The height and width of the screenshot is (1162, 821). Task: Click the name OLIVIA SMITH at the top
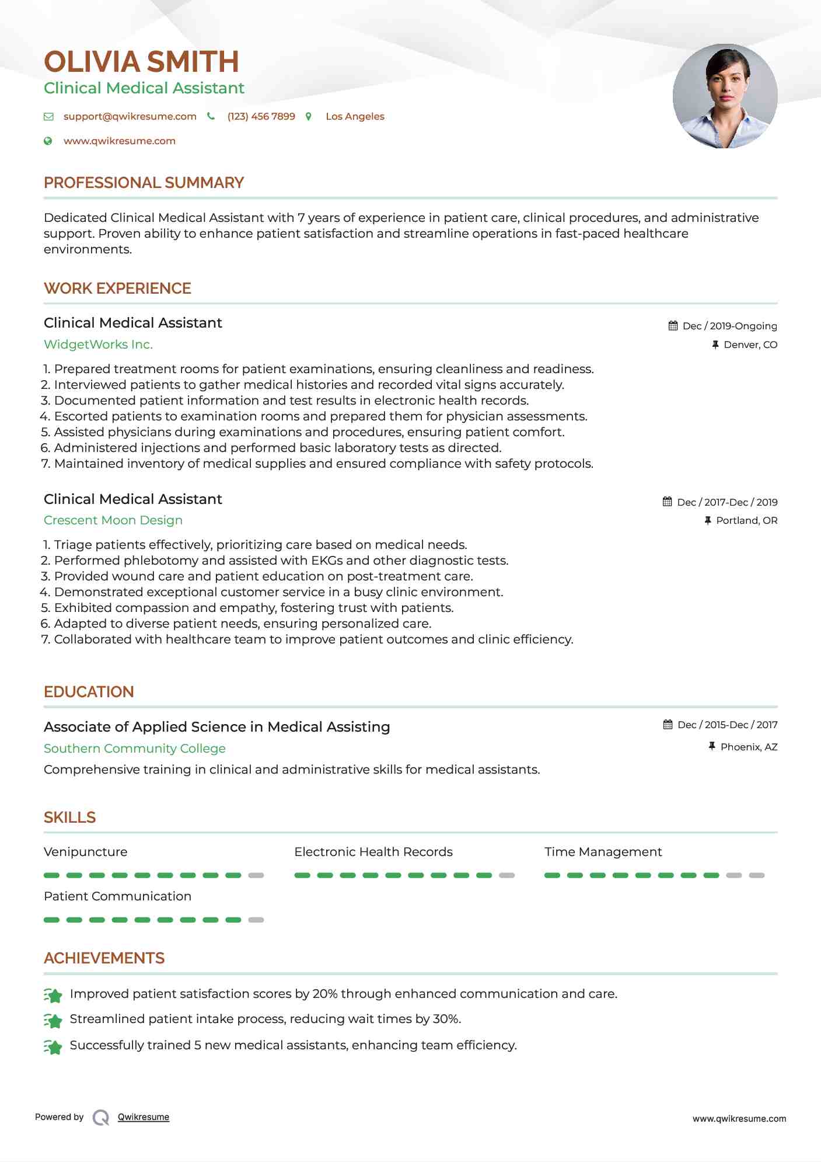pos(141,62)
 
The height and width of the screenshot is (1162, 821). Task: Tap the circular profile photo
pos(725,96)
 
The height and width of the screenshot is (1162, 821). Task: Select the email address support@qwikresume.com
pos(130,116)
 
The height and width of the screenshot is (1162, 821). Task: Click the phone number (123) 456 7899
pos(261,116)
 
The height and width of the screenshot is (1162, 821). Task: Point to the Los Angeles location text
pos(355,116)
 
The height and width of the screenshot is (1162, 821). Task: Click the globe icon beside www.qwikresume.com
pos(48,141)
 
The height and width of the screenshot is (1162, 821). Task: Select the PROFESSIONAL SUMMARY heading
pos(144,183)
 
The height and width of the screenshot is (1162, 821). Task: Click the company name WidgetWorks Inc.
pos(98,345)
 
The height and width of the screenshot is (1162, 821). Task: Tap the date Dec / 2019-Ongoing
pos(729,326)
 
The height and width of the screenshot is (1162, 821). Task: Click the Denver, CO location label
pos(750,345)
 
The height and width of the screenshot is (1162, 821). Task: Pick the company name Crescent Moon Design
pos(113,520)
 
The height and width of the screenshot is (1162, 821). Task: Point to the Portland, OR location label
pos(746,520)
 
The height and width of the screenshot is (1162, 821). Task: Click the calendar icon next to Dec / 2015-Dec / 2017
pos(668,725)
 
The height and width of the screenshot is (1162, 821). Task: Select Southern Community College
pos(134,749)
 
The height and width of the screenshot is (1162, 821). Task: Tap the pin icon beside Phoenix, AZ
pos(712,746)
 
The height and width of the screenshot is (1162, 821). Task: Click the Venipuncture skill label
pos(85,852)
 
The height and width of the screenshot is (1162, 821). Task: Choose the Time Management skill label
pos(603,852)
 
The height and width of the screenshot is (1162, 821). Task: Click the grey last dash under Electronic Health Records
pos(506,875)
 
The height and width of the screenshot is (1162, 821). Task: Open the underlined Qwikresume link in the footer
pos(144,1117)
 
